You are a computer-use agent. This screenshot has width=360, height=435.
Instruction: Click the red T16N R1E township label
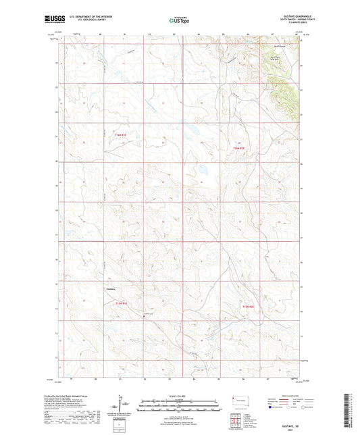coord(120,136)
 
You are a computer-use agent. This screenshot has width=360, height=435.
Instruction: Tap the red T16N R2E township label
coord(238,148)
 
